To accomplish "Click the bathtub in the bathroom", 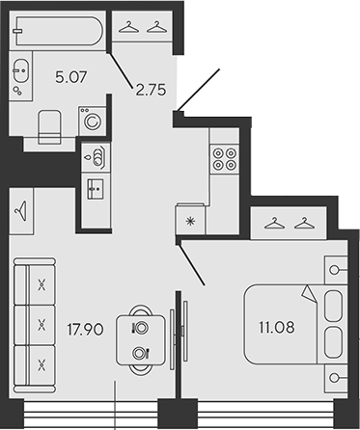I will pos(58,33).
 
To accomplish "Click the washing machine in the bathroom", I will pos(93,122).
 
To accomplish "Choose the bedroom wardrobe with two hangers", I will pos(290,225).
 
